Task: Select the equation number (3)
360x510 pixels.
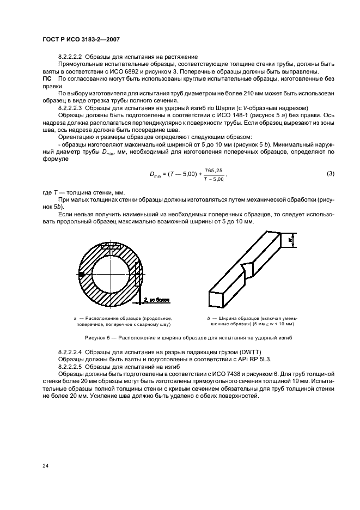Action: tap(330, 174)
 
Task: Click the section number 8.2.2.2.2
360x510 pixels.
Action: tap(74, 57)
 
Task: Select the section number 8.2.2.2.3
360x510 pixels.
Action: tap(74, 107)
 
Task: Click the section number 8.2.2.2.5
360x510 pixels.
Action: tap(74, 368)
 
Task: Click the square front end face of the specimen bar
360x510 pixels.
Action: tap(216, 299)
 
